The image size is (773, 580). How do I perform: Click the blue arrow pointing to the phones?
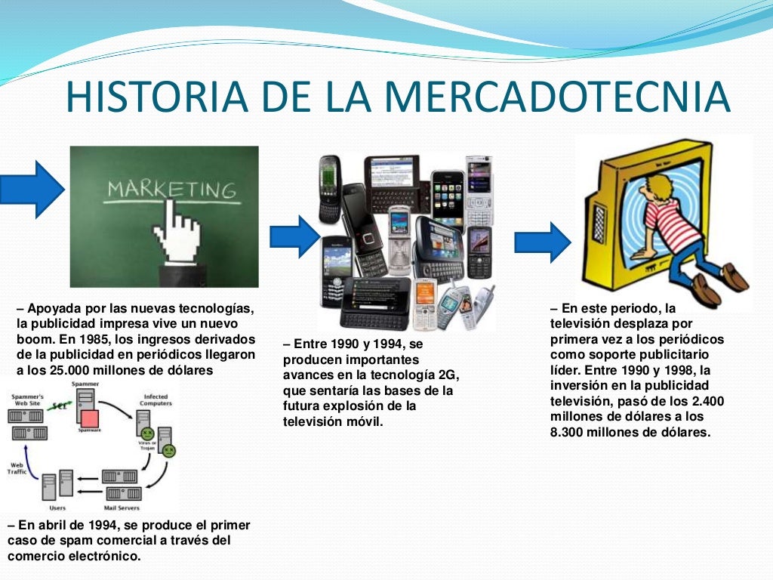coord(295,236)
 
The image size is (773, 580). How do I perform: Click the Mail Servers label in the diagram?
coord(123,507)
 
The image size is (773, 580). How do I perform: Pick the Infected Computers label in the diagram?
coord(156,400)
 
